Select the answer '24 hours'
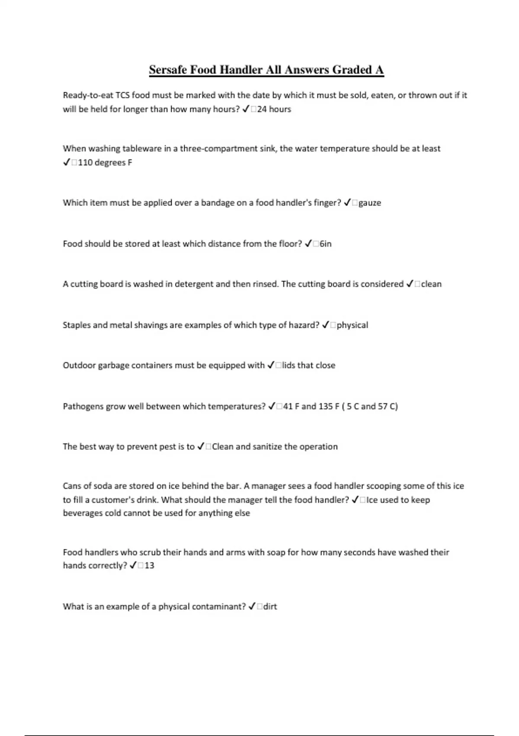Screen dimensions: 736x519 pyautogui.click(x=274, y=109)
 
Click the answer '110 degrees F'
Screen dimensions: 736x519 pyautogui.click(x=105, y=163)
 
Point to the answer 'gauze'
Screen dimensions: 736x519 pyautogui.click(x=369, y=203)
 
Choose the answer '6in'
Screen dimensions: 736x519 pyautogui.click(x=325, y=244)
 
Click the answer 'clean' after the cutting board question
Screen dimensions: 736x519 pyautogui.click(x=431, y=284)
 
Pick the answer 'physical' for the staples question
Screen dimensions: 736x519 pyautogui.click(x=352, y=325)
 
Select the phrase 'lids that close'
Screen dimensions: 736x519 pyautogui.click(x=308, y=365)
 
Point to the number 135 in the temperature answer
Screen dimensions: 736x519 pyautogui.click(x=326, y=407)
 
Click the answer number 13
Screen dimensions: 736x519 pyautogui.click(x=149, y=565)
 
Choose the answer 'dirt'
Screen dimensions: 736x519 pyautogui.click(x=270, y=607)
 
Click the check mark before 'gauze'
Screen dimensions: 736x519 pyautogui.click(x=347, y=203)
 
